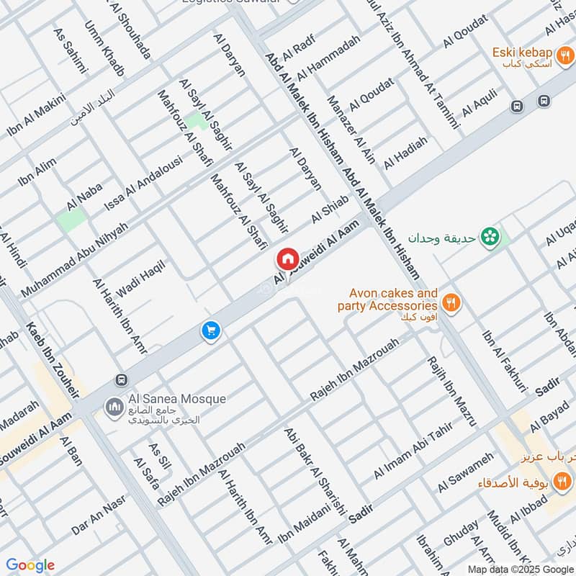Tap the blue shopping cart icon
pyautogui.click(x=210, y=330)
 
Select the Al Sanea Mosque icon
pyautogui.click(x=113, y=408)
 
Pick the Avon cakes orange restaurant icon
pyautogui.click(x=451, y=302)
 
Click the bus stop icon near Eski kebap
pyautogui.click(x=516, y=106)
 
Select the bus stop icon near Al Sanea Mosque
pyautogui.click(x=121, y=379)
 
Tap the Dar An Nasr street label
pyautogui.click(x=98, y=515)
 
